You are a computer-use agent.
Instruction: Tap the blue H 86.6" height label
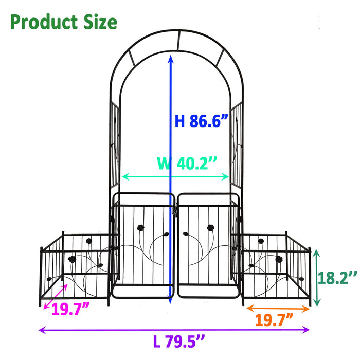pyautogui.click(x=201, y=121)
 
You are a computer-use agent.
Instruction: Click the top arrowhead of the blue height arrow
pyautogui.click(x=171, y=58)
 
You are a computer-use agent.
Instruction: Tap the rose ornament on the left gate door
pyautogui.click(x=140, y=227)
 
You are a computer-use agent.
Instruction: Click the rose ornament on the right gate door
pyautogui.click(x=210, y=227)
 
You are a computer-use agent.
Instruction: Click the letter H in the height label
pyautogui.click(x=180, y=121)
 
